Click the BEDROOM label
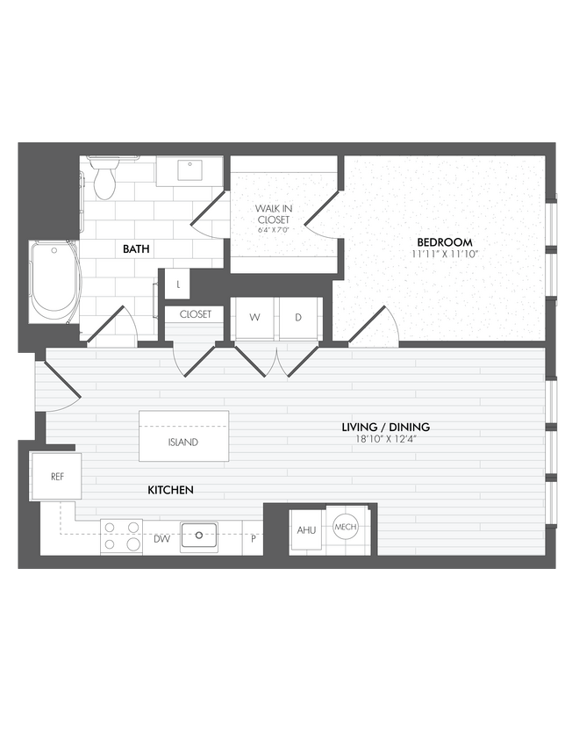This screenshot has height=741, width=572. click(x=444, y=242)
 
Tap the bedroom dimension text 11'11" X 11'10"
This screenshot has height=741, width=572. click(x=444, y=254)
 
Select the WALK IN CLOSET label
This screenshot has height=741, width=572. click(x=273, y=214)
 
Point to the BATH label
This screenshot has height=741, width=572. click(x=136, y=249)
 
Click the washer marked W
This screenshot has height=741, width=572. click(x=254, y=318)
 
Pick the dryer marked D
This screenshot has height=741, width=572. click(x=298, y=318)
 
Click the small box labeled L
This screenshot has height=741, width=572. click(x=178, y=284)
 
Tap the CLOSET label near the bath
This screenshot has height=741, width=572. click(x=195, y=313)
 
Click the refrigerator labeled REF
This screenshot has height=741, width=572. click(x=56, y=477)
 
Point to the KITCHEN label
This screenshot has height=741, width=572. click(x=170, y=490)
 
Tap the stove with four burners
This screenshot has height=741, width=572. click(x=122, y=536)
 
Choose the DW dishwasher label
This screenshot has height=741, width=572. click(x=162, y=539)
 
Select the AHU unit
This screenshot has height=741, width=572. click(x=306, y=530)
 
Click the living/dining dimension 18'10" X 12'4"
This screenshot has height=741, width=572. click(x=385, y=439)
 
